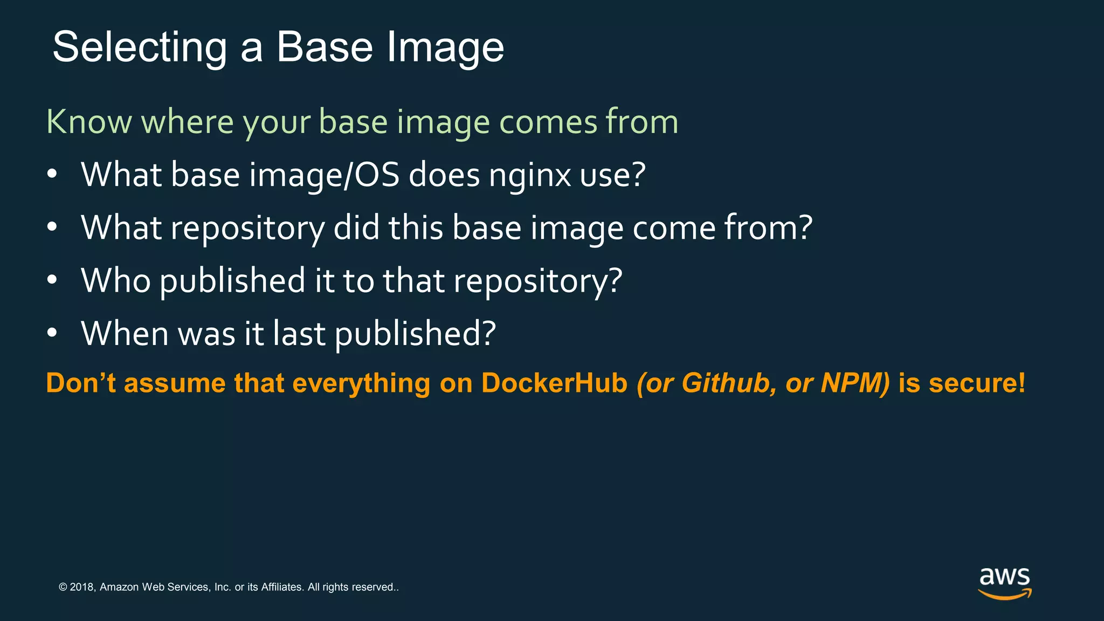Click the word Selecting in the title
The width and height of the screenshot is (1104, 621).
click(140, 48)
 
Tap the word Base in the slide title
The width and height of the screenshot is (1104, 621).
click(325, 47)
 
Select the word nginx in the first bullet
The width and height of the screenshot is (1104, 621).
click(529, 176)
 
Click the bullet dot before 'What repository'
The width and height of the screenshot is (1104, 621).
click(52, 227)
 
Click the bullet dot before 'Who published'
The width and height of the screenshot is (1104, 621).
click(52, 280)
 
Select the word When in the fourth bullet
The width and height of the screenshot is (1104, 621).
click(125, 333)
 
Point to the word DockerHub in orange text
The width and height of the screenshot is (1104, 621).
click(554, 383)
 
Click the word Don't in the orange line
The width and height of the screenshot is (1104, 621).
click(81, 383)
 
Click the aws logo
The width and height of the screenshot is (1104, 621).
click(1004, 583)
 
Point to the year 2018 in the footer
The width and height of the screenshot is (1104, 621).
click(82, 587)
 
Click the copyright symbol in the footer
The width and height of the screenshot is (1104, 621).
click(63, 587)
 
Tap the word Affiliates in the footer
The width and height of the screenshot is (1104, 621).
click(281, 587)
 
